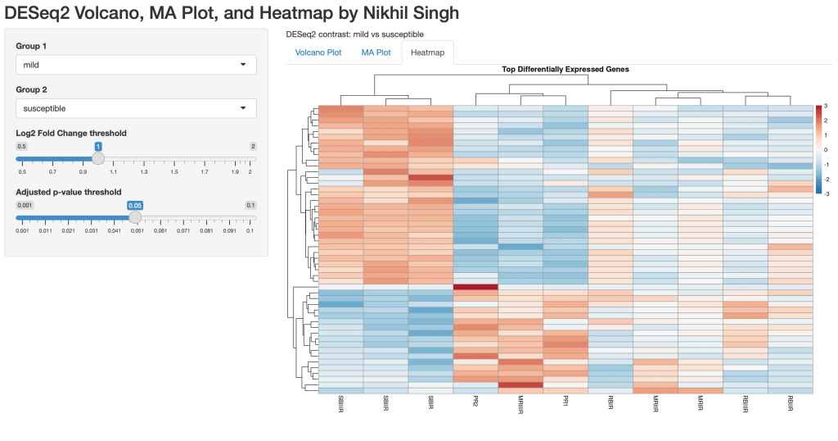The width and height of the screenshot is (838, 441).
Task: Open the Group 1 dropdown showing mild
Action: pos(136,65)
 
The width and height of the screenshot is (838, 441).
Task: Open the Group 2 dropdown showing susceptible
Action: pos(136,108)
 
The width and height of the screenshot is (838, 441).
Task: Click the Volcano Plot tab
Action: pos(318,52)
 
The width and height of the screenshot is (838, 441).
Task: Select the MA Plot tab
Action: pos(376,52)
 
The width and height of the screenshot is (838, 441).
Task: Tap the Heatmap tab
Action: pos(428,52)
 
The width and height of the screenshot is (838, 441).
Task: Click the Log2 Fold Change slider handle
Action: pos(98,158)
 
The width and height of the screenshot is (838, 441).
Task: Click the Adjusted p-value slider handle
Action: pos(135,217)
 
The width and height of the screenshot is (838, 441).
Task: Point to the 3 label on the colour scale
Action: pos(825,107)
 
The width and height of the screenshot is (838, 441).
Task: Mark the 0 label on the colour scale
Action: pos(825,150)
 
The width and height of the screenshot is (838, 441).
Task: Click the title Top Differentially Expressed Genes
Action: pos(565,70)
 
